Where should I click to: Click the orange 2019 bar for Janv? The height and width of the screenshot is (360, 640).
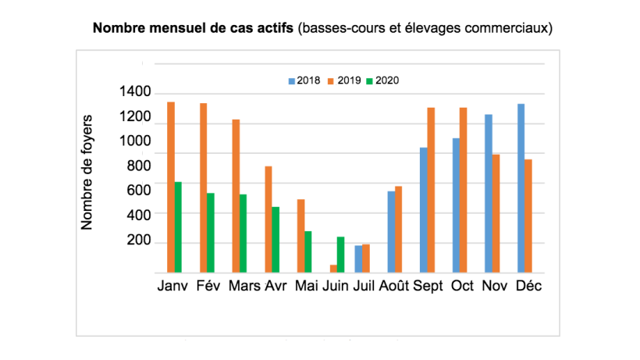tap(171, 187)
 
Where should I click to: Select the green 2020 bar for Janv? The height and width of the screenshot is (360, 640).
tap(179, 227)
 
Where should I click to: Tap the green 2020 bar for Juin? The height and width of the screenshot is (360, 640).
tap(340, 255)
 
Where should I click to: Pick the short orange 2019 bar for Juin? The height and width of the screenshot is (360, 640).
tap(333, 269)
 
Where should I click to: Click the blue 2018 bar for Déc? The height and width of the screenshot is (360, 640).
tap(521, 188)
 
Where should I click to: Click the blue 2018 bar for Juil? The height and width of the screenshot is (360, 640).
tap(358, 258)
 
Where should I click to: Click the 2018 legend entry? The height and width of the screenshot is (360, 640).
tap(303, 80)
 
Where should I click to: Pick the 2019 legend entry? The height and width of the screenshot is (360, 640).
tap(343, 80)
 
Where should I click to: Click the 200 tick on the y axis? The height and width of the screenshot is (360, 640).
tap(138, 241)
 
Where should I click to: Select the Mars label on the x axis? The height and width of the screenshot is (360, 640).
tap(245, 286)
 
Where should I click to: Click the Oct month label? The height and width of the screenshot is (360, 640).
tap(463, 286)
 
